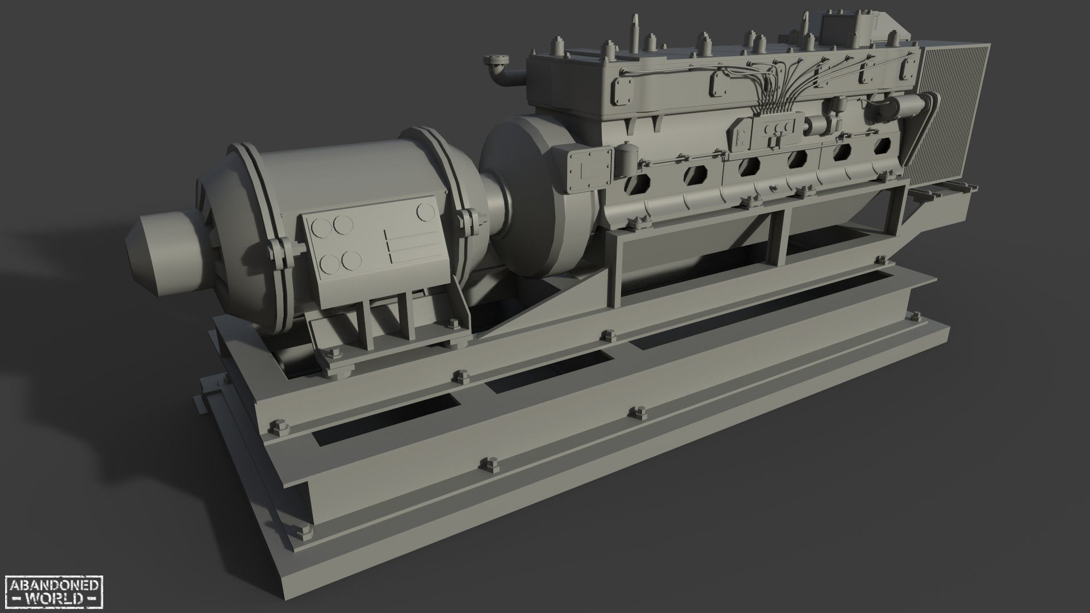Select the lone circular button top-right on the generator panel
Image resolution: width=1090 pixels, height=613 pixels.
coord(424,211)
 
